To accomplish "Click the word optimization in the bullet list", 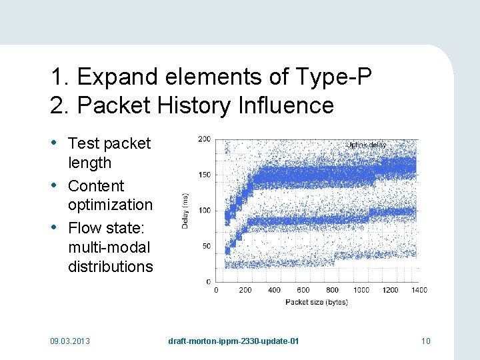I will coord(110,205).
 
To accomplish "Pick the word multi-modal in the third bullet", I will coord(109,247).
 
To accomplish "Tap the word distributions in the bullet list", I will coord(110,267).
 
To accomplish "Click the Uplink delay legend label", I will coord(367,145).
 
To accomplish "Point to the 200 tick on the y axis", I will coord(204,139).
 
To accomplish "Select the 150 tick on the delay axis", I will coord(204,175).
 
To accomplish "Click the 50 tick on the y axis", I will coord(207,246).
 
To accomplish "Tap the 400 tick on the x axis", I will coord(274,290).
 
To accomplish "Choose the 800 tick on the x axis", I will coord(333,290).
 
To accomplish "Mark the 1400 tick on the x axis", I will coord(419,290).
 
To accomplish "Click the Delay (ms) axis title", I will coord(186,210).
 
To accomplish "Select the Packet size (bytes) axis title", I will coord(317,302).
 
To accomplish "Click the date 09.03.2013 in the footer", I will coord(70,341).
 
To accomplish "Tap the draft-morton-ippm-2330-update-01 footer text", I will coord(233,341).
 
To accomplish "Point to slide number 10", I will coord(426,341).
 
